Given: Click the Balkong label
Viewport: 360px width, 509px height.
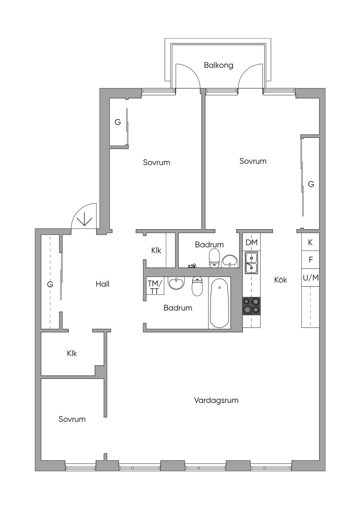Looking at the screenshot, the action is pos(218,65).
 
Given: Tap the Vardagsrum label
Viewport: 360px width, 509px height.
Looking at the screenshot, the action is pos(216,400).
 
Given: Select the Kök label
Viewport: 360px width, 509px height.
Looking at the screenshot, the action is pos(281,280).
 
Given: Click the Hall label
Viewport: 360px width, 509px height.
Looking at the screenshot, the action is pos(102,284).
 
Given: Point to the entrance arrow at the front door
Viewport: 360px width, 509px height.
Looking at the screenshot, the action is pos(84,220).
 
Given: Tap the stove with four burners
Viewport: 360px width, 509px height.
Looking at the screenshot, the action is pos(251,305).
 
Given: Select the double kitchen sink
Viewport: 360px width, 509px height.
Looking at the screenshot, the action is pos(251,263).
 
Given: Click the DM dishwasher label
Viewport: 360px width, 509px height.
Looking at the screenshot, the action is pos(251,242).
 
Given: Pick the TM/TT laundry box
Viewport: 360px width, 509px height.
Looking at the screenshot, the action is pos(155,287).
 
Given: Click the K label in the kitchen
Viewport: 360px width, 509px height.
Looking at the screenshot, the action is pos(310,242).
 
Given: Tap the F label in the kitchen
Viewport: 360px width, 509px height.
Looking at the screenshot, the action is pos(311,260).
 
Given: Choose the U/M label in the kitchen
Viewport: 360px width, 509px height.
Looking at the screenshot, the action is pos(311,278).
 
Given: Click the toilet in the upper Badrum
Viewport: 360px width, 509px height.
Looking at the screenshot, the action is pos(214,258).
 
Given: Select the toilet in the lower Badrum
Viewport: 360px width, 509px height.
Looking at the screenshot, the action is pos(197,286).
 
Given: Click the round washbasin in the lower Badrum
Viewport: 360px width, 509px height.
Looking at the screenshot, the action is pos(176,283).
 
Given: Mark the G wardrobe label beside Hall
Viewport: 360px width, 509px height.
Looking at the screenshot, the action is pos(50,285).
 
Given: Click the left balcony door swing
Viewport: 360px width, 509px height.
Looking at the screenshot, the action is pos(187,76).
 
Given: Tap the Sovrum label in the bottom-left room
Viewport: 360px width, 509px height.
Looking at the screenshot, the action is pos(72,419).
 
